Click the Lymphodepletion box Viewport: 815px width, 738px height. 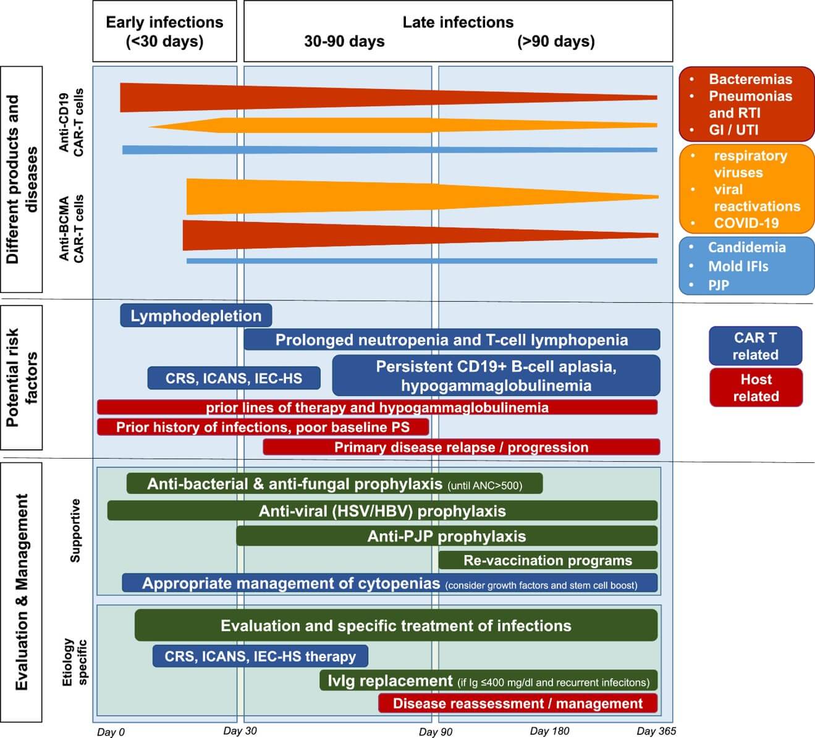(196, 316)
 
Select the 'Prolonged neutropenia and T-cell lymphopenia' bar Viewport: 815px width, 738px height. (452, 340)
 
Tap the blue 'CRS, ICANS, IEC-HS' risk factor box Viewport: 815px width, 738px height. (234, 378)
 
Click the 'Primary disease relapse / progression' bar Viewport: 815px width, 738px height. (461, 447)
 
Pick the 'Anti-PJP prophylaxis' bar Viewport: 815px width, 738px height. (446, 536)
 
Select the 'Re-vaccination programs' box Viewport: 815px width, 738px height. (547, 561)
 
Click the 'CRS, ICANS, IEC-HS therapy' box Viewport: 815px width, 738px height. (260, 656)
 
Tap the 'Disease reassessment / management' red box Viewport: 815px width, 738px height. (517, 703)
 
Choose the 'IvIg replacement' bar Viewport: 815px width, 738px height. (488, 681)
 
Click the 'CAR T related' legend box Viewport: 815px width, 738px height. (755, 346)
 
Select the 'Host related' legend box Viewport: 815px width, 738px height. (755, 388)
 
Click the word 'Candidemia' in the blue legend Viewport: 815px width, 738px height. (746, 247)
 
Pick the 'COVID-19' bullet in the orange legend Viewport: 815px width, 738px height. (746, 223)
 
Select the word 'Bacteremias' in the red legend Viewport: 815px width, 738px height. (750, 79)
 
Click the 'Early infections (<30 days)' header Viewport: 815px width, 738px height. (164, 32)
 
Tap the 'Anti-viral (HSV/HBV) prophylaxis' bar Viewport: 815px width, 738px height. (382, 511)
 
